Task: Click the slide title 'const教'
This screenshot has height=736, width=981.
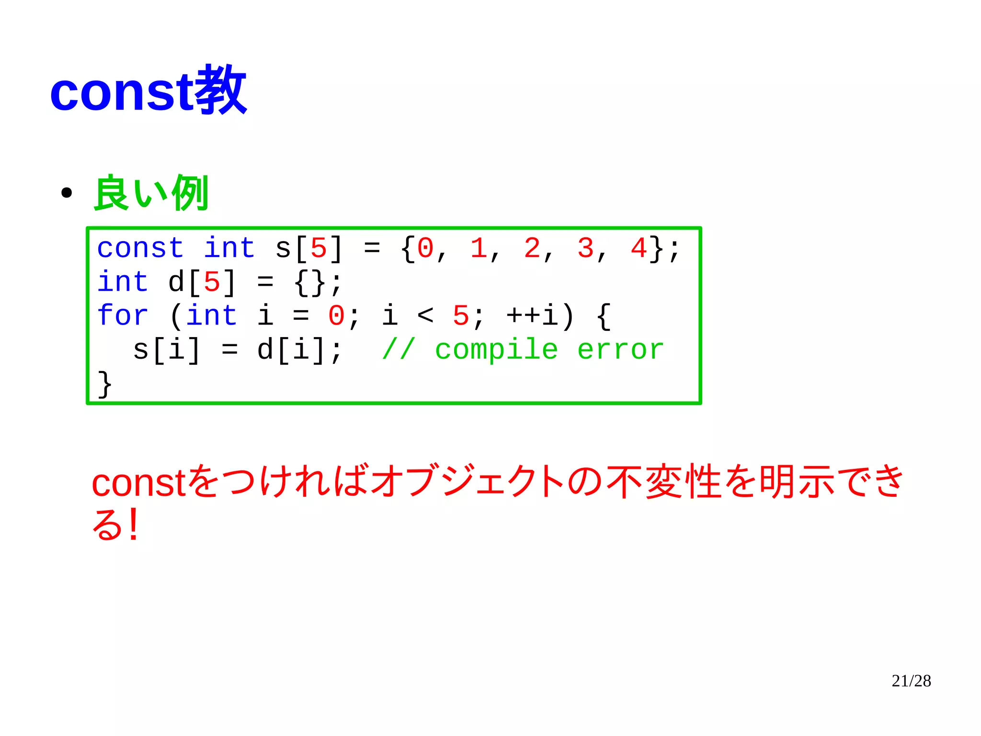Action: tap(148, 91)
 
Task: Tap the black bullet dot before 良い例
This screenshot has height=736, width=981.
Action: tap(67, 193)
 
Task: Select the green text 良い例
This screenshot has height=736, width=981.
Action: tap(151, 193)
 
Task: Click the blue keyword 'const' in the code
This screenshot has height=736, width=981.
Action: tap(140, 248)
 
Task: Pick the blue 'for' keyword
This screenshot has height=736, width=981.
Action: tap(123, 315)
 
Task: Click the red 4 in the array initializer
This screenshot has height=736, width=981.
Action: tap(639, 248)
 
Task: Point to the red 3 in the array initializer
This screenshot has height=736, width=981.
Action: tap(585, 248)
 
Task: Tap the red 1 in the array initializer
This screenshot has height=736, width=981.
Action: tap(478, 248)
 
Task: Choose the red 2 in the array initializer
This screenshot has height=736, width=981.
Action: tap(532, 248)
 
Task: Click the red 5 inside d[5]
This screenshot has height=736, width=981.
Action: tap(212, 282)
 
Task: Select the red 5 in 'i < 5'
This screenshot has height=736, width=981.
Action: tap(461, 315)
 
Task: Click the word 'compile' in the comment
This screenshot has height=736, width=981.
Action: tap(496, 349)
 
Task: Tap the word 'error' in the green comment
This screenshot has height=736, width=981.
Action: tap(621, 349)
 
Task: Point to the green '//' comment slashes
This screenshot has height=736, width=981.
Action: tap(398, 349)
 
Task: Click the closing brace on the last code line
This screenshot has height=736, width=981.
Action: tap(105, 384)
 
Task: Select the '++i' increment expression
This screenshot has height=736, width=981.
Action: tap(532, 315)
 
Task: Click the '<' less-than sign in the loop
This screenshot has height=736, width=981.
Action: tap(425, 315)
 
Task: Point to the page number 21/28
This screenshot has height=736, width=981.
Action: tap(911, 681)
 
